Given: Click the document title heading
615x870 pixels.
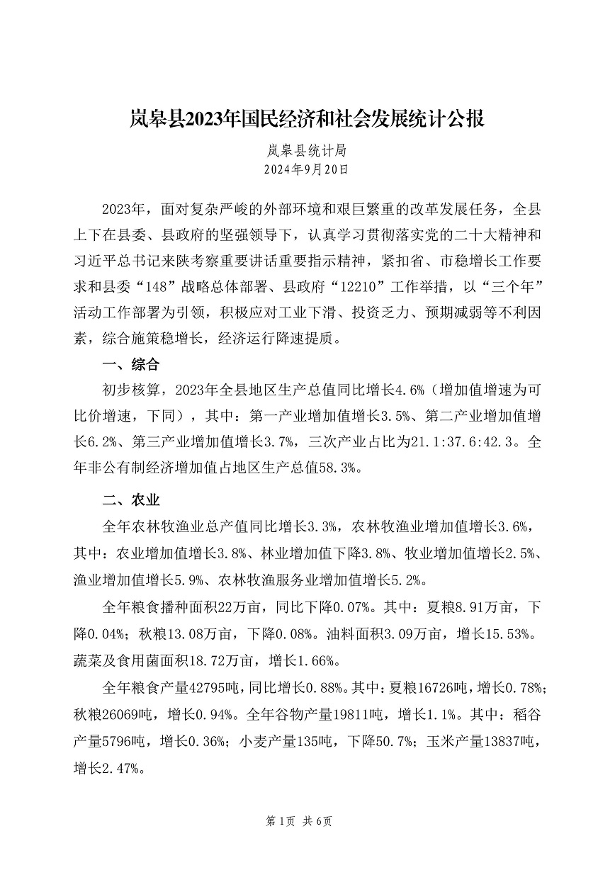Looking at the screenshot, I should point(307,118).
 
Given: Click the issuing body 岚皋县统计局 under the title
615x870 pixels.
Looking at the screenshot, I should point(307,151).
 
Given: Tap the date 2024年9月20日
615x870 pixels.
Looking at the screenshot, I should point(307,169).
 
